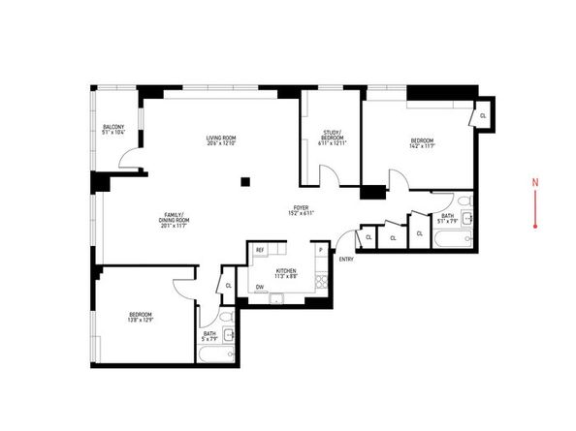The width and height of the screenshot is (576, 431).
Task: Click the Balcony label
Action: (113, 126)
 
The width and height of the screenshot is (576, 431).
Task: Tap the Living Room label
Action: (221, 138)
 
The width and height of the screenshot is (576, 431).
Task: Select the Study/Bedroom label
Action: (333, 136)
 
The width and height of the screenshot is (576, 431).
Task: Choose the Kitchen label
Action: (287, 269)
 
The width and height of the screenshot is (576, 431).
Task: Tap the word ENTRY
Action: (346, 256)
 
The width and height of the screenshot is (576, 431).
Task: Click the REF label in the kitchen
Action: (260, 250)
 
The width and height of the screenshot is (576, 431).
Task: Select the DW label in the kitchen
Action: (260, 288)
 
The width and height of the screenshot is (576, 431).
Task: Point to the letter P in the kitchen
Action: (320, 250)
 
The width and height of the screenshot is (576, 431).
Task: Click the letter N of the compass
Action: (535, 181)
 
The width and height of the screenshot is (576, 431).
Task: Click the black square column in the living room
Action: (245, 180)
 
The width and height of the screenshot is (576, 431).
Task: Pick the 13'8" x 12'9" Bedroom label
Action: (141, 316)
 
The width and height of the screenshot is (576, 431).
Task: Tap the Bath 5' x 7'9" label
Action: (208, 336)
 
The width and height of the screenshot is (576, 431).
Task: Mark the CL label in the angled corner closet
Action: (483, 115)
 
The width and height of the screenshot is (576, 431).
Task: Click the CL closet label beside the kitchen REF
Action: (228, 285)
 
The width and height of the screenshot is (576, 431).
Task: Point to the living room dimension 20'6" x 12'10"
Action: (221, 143)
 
